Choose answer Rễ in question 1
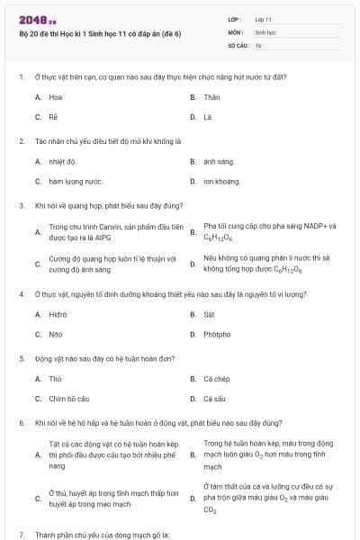tap(53, 117)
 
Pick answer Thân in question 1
tap(211, 96)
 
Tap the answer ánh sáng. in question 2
tap(219, 161)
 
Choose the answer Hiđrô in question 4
tap(58, 314)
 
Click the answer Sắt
tap(209, 314)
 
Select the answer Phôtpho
tap(216, 334)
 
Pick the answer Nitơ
tap(56, 334)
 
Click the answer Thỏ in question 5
tap(55, 378)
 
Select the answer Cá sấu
tap(214, 398)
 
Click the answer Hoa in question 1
tap(56, 96)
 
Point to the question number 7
tap(21, 535)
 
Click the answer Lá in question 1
tap(208, 117)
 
